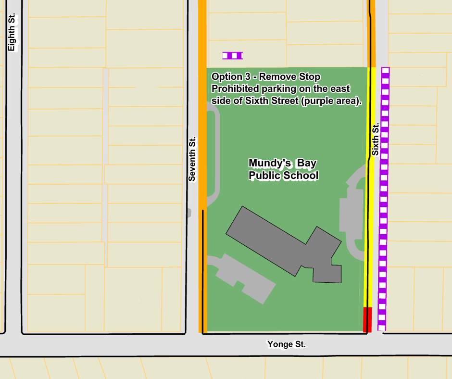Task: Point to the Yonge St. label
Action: click(x=287, y=344)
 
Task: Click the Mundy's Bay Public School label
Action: click(x=283, y=169)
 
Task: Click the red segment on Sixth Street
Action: click(x=367, y=319)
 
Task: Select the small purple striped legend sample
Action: click(x=233, y=56)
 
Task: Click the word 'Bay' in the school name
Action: click(x=306, y=163)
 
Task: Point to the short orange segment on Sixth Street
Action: click(x=372, y=34)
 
